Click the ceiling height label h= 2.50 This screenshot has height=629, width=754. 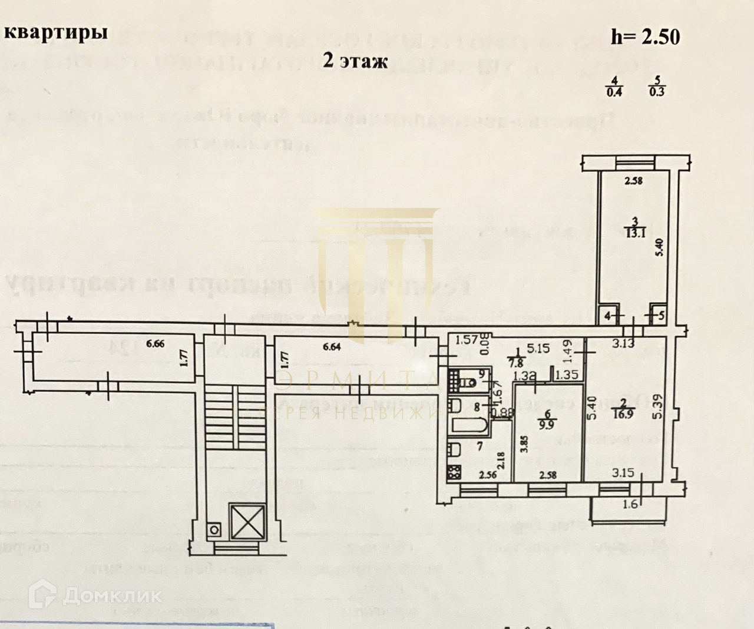pos(645,37)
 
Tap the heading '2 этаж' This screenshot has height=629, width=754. pos(355,59)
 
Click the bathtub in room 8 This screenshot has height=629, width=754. pos(468,426)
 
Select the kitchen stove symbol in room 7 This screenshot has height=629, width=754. pos(455,472)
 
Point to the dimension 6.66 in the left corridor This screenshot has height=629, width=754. pos(156,344)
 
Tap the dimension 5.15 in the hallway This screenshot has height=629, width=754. pos(538,348)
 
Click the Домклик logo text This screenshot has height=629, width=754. pos(112,595)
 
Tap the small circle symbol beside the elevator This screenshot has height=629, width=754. pos(216,530)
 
